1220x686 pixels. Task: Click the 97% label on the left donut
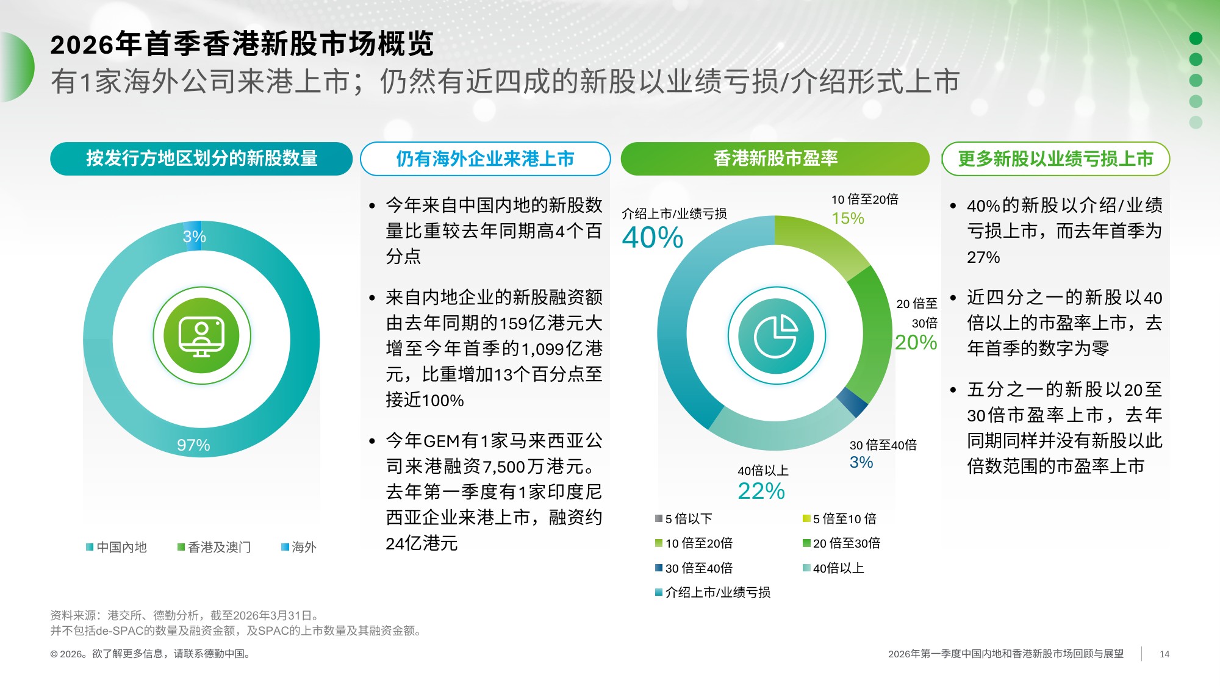click(x=193, y=445)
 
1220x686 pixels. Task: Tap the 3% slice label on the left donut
click(x=194, y=237)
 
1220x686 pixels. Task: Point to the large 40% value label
click(x=652, y=237)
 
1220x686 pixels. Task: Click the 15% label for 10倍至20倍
click(x=848, y=218)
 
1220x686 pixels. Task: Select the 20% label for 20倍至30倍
click(x=916, y=342)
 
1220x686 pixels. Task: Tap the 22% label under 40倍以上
click(x=761, y=491)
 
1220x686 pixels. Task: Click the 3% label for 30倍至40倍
click(x=861, y=462)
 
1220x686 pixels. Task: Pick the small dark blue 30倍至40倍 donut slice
click(x=852, y=402)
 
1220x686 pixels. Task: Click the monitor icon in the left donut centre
click(x=201, y=336)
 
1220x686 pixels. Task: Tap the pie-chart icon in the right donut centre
click(x=776, y=336)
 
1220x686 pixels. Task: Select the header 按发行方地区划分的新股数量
click(x=201, y=159)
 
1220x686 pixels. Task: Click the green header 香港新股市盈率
click(x=775, y=159)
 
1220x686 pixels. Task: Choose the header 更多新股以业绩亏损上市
click(x=1055, y=159)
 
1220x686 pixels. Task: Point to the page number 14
click(x=1164, y=654)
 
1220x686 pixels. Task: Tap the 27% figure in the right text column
click(x=983, y=257)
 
